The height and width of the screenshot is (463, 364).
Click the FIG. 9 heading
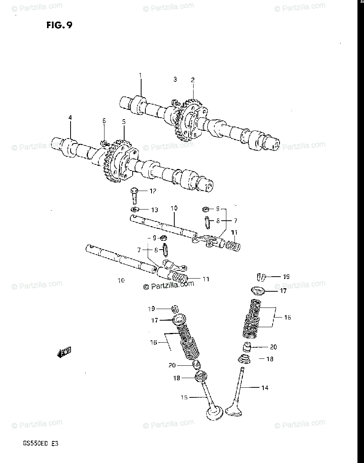pos(59,25)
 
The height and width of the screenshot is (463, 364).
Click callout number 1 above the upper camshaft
pos(140,75)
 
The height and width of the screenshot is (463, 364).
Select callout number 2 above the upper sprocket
pos(192,80)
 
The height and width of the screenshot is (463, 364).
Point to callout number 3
pos(175,79)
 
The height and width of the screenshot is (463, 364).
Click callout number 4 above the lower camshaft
pos(70,117)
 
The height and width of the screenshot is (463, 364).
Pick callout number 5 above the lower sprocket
pos(124,122)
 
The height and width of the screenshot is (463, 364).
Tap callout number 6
pos(104,121)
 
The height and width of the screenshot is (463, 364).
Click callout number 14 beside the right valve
pos(265,387)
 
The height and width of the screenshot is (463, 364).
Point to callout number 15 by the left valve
pos(185,397)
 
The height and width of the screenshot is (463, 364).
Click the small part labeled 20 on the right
pos(247,346)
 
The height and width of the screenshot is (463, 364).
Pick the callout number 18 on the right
pos(270,359)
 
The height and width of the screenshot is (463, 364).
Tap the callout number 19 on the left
pos(151,308)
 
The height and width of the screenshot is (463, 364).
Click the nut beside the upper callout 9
pos(206,209)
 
